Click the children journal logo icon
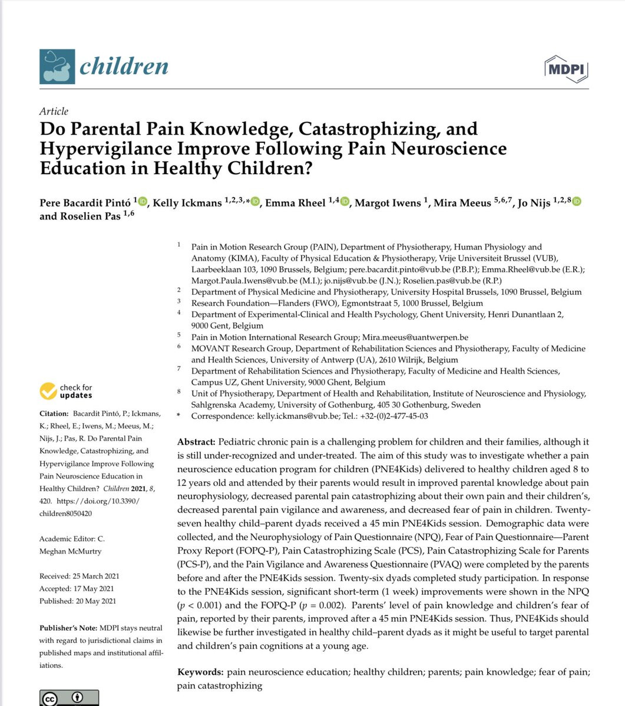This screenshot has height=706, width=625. [x=57, y=66]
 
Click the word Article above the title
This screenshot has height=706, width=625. [x=54, y=111]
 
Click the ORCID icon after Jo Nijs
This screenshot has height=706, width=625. [x=577, y=202]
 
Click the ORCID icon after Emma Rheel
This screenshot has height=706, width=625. [x=345, y=202]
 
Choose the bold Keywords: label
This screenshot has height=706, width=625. [x=201, y=672]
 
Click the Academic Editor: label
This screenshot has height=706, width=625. [x=72, y=539]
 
